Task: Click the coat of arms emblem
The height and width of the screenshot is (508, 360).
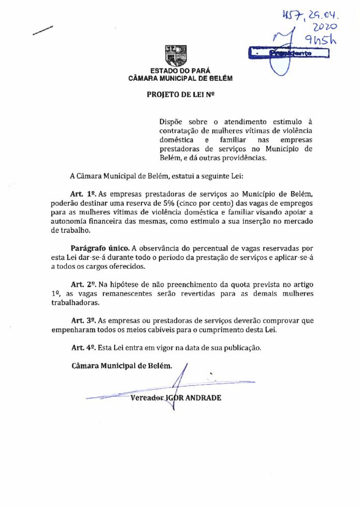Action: [176, 55]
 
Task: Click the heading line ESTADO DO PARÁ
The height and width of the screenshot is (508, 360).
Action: [180, 71]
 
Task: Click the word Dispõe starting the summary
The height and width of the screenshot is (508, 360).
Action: [170, 122]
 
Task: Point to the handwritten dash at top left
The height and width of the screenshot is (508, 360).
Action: [43, 30]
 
